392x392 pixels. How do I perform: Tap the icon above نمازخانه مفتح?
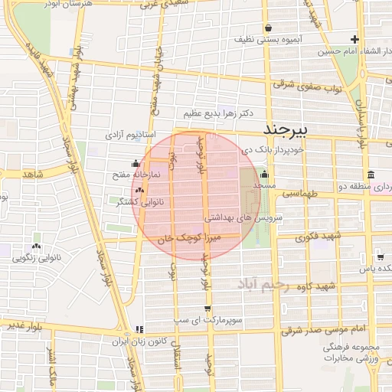(136, 163)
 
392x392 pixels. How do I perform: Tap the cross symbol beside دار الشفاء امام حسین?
(354, 39)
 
